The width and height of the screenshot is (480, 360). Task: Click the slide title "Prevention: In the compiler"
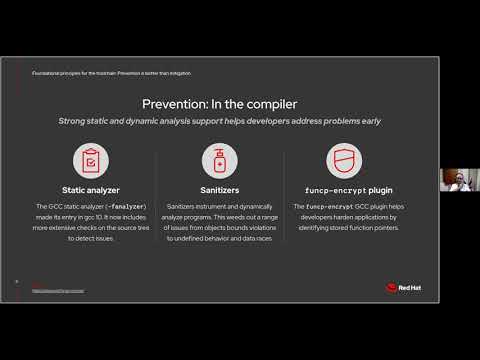tap(219, 103)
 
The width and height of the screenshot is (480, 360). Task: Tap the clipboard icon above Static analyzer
tap(91, 159)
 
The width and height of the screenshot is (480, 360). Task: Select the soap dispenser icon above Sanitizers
tap(219, 159)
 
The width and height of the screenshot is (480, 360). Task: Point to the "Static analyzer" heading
tap(91, 189)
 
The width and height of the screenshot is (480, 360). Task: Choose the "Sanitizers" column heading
tap(219, 189)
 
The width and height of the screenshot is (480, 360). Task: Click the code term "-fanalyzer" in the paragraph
tap(123, 206)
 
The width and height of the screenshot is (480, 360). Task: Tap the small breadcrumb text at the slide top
tap(111, 73)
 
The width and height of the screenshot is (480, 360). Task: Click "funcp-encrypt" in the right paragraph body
tap(324, 206)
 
